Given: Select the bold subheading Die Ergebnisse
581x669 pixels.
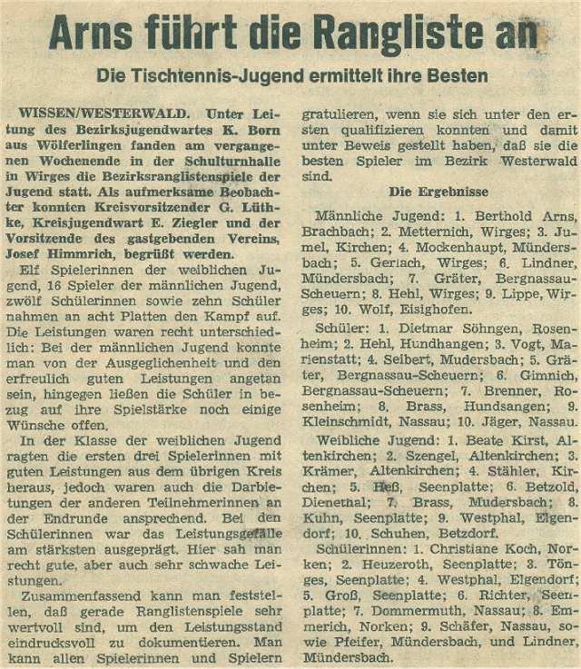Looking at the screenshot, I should point(438,192).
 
